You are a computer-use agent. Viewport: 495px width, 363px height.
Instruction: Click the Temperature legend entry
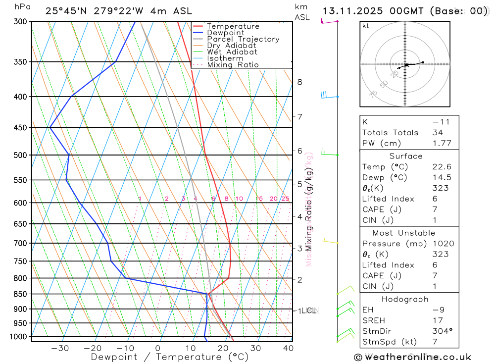tap(233, 26)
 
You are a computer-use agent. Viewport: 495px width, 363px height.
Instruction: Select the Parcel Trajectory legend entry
tap(243, 39)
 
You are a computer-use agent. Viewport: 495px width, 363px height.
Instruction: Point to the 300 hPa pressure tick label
tap(20, 21)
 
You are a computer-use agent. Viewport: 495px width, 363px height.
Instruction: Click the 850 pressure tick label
tap(20, 294)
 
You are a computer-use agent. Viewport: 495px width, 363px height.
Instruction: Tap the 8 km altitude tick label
tap(299, 82)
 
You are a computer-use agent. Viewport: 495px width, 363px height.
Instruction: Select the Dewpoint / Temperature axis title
tap(170, 357)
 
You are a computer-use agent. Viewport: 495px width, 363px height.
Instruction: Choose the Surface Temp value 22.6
tap(441, 167)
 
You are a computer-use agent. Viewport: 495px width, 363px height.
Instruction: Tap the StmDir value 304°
tap(441, 331)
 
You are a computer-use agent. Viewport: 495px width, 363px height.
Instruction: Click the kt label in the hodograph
tap(365, 26)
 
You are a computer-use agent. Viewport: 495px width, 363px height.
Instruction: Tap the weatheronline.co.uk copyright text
tap(412, 357)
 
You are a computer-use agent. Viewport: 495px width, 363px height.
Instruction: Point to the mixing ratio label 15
tap(259, 199)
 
